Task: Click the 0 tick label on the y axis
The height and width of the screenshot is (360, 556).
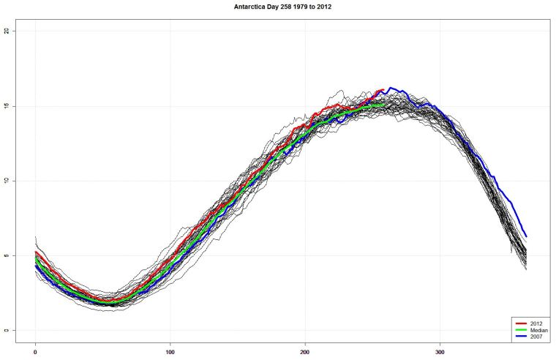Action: click(7, 330)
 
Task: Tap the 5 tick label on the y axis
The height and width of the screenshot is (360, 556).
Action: click(7, 255)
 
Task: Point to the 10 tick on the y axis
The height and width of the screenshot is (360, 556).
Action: click(7, 181)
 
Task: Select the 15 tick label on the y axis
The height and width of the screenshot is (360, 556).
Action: click(7, 106)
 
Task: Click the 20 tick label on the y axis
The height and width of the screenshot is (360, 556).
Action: click(7, 31)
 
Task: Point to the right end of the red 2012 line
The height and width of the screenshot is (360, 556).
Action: click(383, 90)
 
